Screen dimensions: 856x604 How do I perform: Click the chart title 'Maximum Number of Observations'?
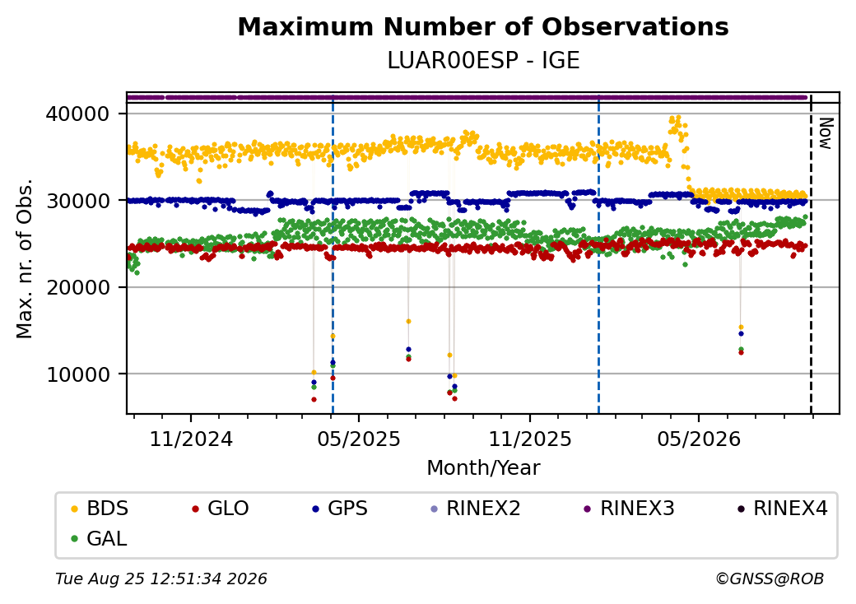[483, 26]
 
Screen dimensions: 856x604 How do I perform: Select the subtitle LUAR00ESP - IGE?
[483, 60]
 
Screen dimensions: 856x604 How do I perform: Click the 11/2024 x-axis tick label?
[191, 439]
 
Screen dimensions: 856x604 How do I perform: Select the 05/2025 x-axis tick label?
[359, 439]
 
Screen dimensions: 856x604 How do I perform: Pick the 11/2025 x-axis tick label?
[529, 439]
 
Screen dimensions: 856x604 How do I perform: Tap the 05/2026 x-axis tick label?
[699, 439]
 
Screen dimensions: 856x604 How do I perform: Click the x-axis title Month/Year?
[483, 467]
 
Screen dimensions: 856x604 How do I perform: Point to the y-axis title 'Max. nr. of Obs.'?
[25, 258]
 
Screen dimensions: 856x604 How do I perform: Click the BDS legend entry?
[100, 509]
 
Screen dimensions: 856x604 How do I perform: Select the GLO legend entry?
[221, 509]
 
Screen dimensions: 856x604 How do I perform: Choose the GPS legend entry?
[340, 509]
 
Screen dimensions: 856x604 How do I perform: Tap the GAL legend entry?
[100, 538]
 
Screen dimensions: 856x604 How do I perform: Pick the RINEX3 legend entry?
[630, 509]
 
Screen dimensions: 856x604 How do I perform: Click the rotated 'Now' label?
[826, 133]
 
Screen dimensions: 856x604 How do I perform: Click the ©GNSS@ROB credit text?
[770, 578]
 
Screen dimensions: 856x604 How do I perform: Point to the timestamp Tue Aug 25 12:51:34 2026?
[161, 578]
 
